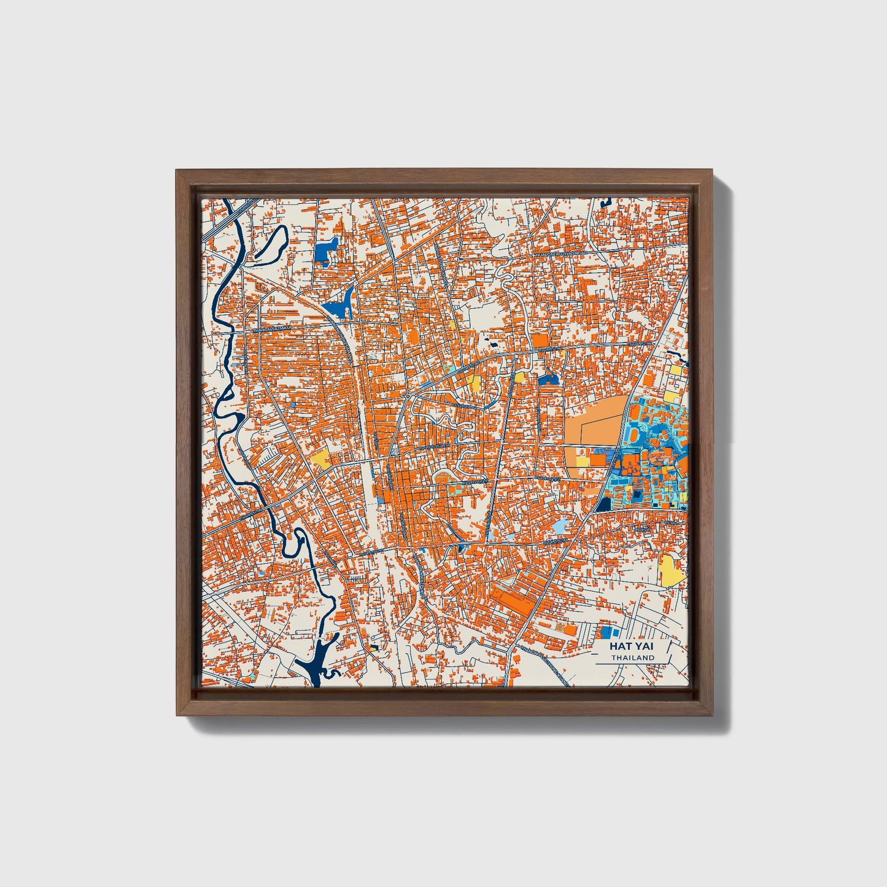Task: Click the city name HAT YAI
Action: [x=632, y=646]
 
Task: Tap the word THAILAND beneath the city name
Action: [x=632, y=657]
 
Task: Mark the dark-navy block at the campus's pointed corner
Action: [x=603, y=504]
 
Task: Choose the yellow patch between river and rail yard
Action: [x=320, y=459]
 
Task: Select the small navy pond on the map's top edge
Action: [x=607, y=201]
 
